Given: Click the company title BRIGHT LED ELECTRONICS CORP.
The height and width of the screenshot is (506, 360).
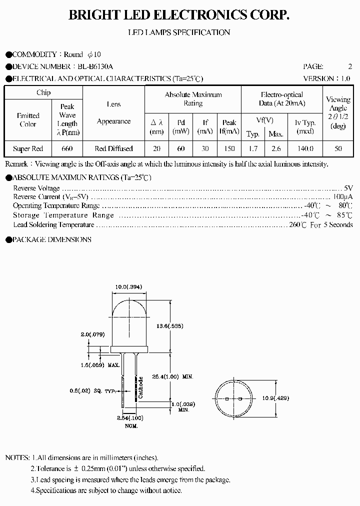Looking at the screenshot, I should point(179,15).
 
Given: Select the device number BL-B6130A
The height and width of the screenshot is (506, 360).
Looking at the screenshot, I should point(95,66).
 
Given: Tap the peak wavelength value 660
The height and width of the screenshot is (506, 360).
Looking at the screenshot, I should point(67,148).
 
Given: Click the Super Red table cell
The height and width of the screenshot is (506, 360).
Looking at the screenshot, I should point(28,148).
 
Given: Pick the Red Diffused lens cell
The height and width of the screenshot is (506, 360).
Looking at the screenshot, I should point(113,148).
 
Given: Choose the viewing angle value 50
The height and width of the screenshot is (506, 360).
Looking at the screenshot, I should point(338,148).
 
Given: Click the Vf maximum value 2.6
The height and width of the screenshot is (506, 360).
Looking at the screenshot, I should point(275,148).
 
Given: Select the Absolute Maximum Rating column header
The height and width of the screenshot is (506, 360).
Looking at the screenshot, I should point(193,99).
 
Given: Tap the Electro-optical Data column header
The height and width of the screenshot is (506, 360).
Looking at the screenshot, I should point(282,99).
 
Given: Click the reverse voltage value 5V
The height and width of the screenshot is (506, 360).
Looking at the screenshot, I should point(348,188).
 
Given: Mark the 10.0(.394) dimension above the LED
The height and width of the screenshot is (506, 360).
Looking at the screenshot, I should point(129,287).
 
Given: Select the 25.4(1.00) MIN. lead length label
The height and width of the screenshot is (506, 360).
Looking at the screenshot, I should point(178,376).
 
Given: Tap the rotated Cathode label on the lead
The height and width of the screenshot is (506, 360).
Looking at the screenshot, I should point(141,387).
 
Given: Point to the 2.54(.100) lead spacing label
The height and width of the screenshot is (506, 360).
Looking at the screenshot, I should point(129,418).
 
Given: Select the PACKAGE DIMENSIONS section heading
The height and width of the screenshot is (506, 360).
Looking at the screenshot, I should point(51,239).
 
